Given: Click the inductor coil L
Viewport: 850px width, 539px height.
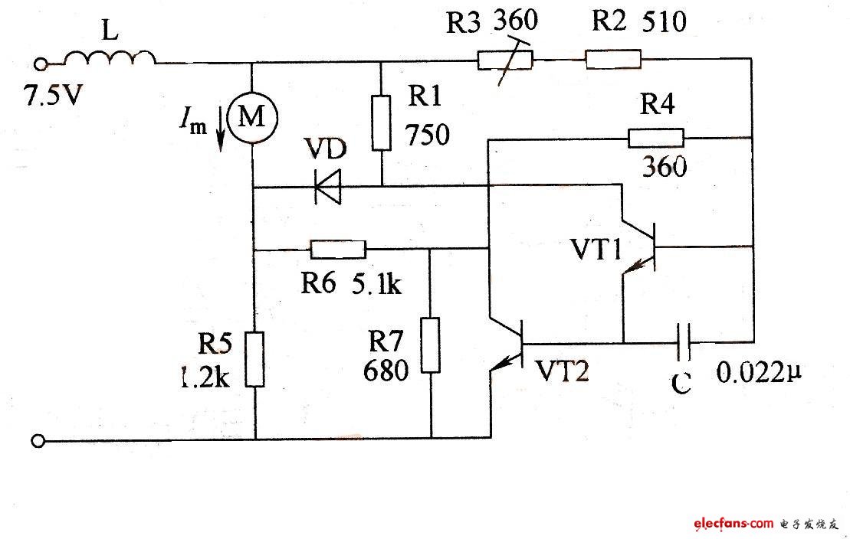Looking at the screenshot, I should coord(109,58).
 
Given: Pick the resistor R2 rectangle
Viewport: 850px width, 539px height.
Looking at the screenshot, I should coord(612,59).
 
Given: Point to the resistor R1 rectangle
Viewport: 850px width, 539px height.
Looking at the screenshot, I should coord(381,122).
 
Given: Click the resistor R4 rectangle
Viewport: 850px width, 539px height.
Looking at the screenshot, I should coord(656,138).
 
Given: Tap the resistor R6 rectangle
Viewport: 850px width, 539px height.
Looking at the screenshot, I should coord(338,249).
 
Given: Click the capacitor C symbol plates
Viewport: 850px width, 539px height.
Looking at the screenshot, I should coord(684,342).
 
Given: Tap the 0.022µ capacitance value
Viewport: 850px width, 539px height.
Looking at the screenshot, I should coord(762,374).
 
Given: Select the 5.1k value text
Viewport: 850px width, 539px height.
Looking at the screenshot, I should coord(376,285).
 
